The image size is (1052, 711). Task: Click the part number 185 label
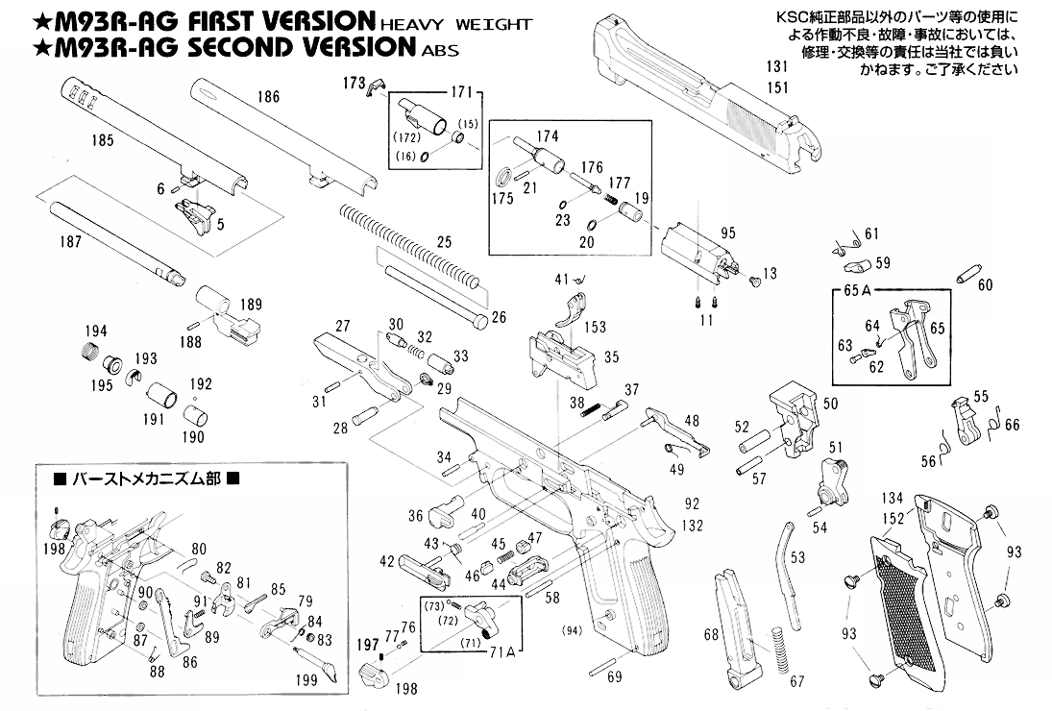(102, 140)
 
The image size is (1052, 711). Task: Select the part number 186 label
(268, 96)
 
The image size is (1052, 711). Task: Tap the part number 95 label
(727, 233)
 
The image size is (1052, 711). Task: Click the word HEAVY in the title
(409, 23)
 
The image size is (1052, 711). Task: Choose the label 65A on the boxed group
(857, 290)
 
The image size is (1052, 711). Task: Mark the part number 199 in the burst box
(306, 680)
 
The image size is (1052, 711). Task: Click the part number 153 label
(595, 328)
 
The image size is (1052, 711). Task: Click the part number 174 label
(548, 135)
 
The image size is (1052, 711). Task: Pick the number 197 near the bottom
(367, 644)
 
